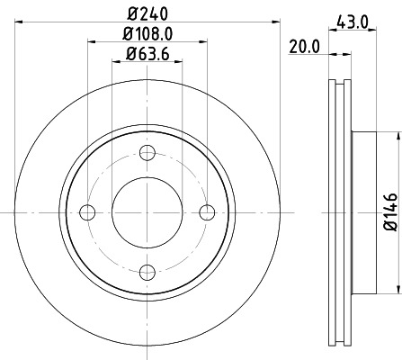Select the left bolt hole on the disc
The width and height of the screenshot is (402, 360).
click(x=87, y=211)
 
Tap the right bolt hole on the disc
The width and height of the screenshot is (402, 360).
click(x=208, y=211)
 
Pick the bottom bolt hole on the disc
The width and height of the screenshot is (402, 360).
click(x=147, y=272)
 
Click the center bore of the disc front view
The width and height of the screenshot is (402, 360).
click(x=147, y=211)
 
